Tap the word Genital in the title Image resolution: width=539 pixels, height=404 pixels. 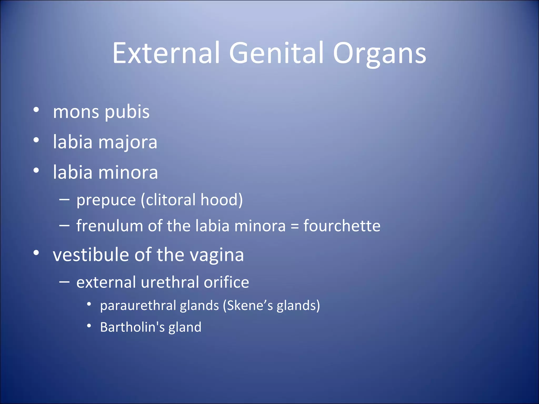[276, 53]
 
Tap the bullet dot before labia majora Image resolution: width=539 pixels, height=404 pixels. [36, 140]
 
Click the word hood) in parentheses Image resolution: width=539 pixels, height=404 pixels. [222, 200]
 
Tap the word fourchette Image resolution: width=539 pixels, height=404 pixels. [342, 226]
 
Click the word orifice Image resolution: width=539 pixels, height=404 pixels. [226, 282]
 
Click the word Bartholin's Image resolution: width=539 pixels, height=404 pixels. [132, 327]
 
